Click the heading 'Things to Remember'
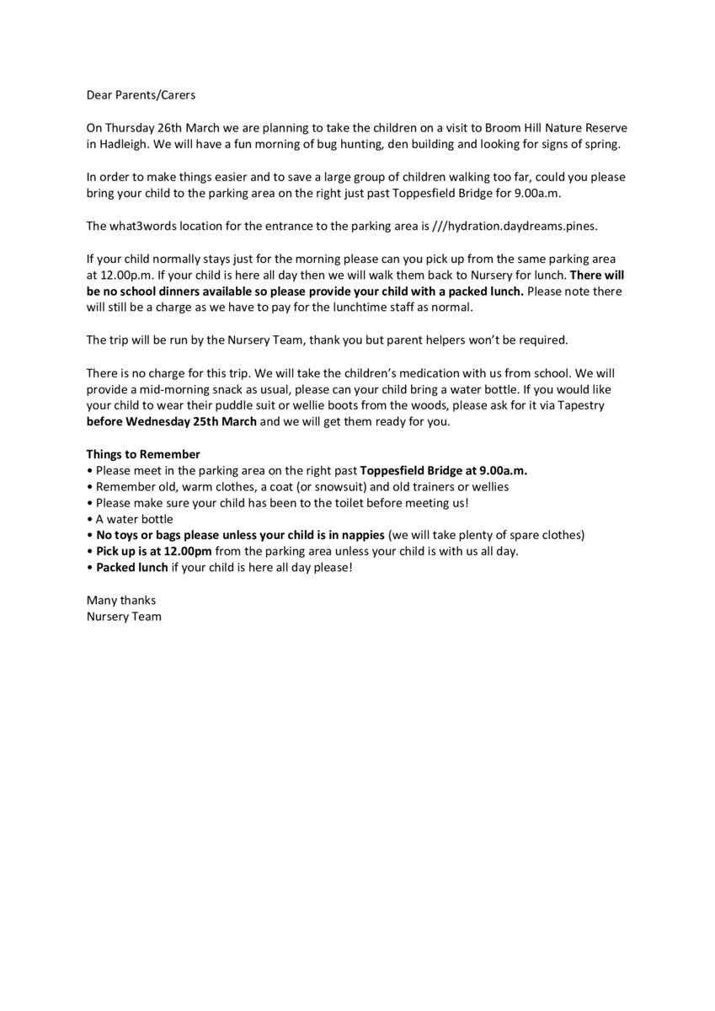pos(143,454)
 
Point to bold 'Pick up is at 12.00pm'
pos(154,551)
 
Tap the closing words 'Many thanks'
pos(121,600)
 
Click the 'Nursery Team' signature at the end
pos(125,617)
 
